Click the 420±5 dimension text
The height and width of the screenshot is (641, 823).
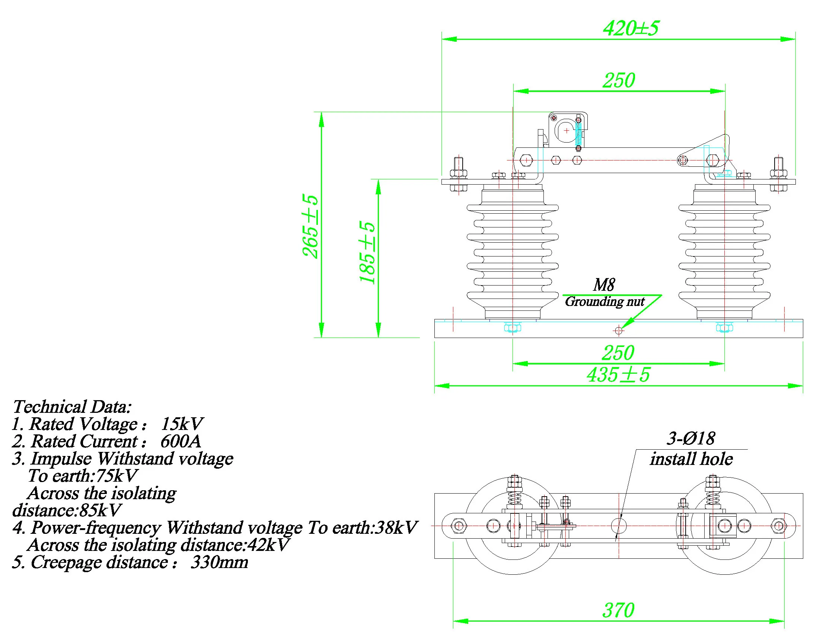click(x=631, y=29)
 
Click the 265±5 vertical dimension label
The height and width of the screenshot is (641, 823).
click(x=310, y=226)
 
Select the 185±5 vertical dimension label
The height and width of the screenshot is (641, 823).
click(x=367, y=252)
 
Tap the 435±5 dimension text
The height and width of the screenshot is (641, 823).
click(x=618, y=375)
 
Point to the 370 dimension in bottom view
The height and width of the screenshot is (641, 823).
click(x=618, y=610)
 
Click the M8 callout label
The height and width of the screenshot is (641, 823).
click(x=604, y=285)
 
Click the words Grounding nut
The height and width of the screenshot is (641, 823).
click(x=605, y=302)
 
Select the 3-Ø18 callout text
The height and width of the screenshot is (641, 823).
click(x=691, y=438)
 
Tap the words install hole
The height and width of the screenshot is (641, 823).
click(x=692, y=459)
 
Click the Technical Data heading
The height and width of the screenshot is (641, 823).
click(x=72, y=407)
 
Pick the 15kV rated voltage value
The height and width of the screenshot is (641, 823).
click(x=182, y=424)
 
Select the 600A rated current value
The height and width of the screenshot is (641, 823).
click(x=181, y=441)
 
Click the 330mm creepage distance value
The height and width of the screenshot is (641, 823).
click(x=219, y=562)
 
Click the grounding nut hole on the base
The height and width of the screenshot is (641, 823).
click(x=618, y=331)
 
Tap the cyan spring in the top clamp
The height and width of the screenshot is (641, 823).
click(x=579, y=134)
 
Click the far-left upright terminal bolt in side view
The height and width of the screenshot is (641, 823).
click(x=458, y=166)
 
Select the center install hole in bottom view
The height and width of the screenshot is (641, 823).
click(x=618, y=526)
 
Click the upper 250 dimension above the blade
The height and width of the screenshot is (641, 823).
click(x=618, y=80)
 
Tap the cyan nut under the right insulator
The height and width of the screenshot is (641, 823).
click(x=724, y=328)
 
